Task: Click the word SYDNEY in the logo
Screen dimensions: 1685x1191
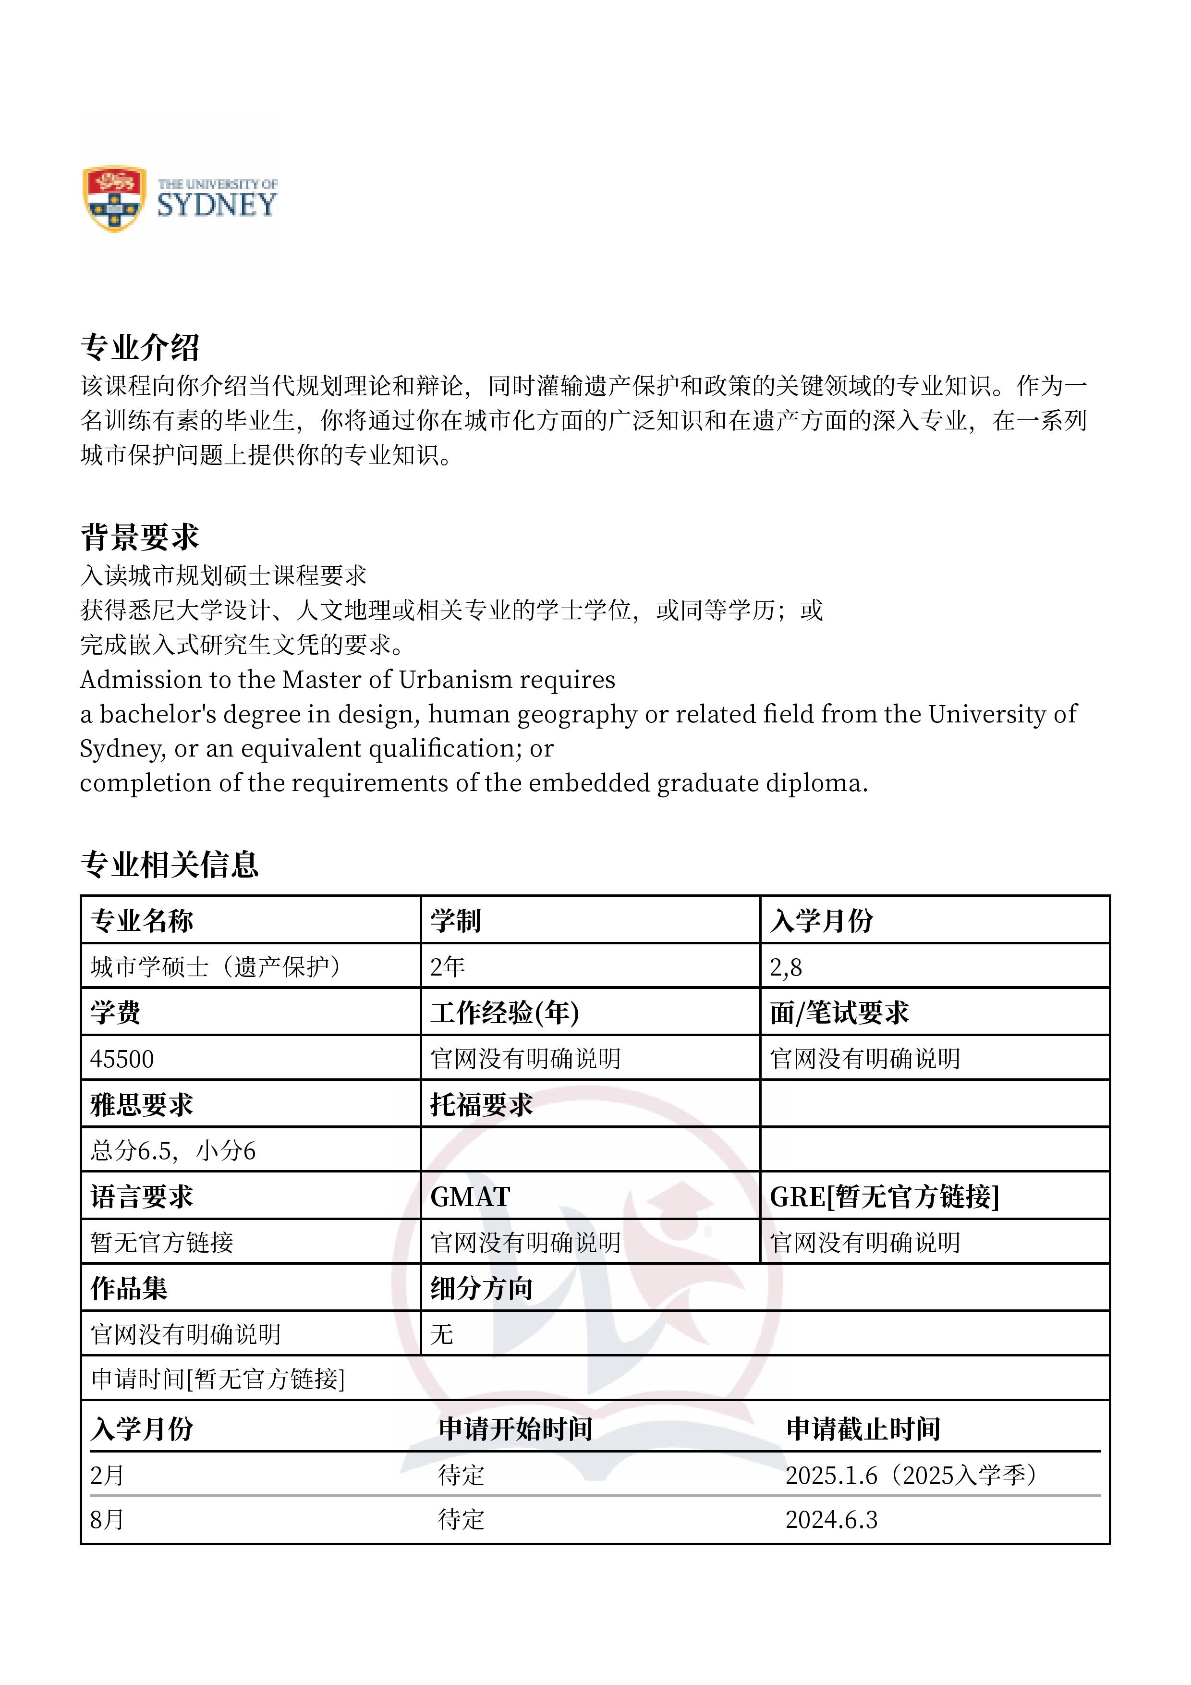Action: click(x=217, y=205)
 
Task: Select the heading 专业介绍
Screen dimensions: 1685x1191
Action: click(x=139, y=347)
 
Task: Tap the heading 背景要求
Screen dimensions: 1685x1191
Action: click(x=139, y=537)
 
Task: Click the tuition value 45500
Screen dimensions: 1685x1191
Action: click(x=122, y=1059)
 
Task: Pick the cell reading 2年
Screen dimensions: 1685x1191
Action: click(x=448, y=966)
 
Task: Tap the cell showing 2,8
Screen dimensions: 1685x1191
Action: click(x=786, y=967)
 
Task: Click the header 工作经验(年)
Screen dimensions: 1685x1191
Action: click(x=505, y=1013)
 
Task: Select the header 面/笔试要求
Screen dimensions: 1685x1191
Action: click(x=839, y=1013)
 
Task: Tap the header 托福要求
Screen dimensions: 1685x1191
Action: click(x=481, y=1104)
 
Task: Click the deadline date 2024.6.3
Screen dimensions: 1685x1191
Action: click(x=831, y=1520)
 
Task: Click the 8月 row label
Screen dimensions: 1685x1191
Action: click(x=107, y=1520)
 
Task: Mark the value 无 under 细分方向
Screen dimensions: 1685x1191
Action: click(x=442, y=1334)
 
